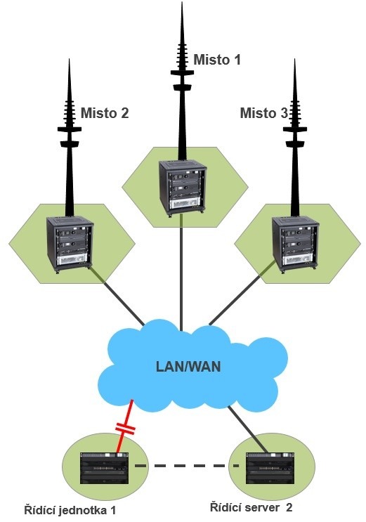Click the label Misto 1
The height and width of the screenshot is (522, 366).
(217, 60)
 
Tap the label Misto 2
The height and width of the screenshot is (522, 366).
(105, 113)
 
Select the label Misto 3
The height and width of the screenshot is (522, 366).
(263, 113)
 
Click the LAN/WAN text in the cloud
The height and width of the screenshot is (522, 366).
(188, 367)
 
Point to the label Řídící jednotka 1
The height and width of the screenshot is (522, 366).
(70, 510)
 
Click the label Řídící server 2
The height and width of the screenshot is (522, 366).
(251, 508)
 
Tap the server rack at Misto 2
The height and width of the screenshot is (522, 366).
(70, 245)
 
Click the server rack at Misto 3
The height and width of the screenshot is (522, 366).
(295, 245)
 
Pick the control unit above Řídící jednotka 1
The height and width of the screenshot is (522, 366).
(104, 469)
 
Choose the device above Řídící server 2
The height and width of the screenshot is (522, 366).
(270, 468)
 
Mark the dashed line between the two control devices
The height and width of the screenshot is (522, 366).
(187, 466)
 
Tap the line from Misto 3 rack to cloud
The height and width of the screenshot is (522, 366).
(242, 293)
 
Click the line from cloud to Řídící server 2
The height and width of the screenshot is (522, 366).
(248, 429)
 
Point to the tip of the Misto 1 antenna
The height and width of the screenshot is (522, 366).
(182, 2)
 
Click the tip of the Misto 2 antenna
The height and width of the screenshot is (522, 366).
(70, 59)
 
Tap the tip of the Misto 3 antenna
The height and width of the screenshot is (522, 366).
(295, 59)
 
